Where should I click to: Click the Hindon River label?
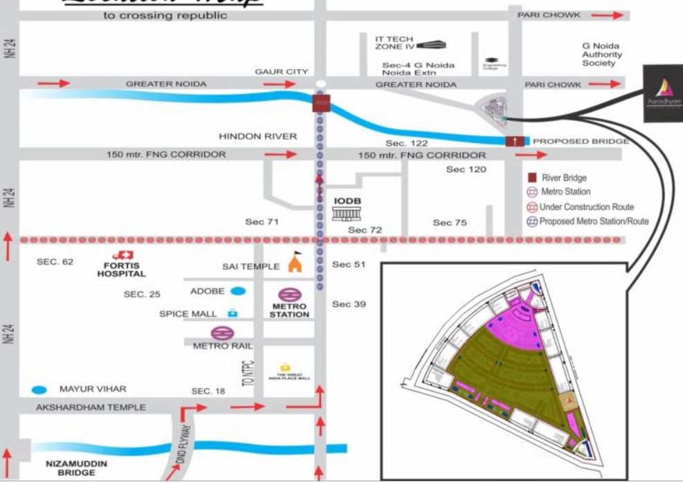[257, 137]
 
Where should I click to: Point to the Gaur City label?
[281, 71]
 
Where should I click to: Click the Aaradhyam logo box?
[663, 93]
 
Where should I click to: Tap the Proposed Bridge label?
[580, 141]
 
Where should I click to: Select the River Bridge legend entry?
[557, 178]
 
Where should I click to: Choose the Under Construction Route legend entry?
[579, 207]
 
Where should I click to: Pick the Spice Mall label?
[188, 314]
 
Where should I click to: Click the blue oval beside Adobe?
[238, 291]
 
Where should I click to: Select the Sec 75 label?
[450, 223]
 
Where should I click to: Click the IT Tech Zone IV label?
[394, 43]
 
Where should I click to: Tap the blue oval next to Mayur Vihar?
[40, 389]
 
